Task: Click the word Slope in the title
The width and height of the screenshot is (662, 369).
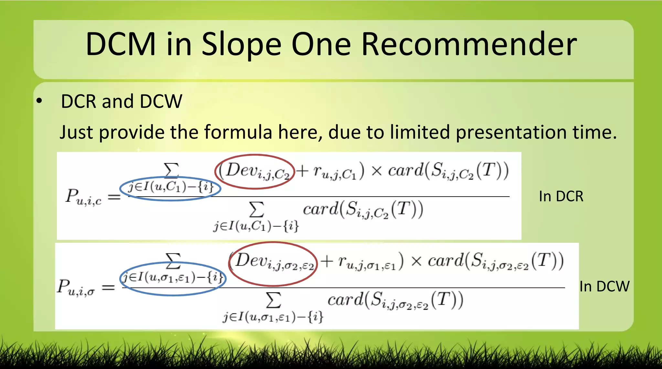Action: point(241,44)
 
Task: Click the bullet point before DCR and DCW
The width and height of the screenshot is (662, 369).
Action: point(39,101)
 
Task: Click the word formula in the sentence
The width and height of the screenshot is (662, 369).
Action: point(238,132)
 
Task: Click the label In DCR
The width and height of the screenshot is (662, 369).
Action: point(561,196)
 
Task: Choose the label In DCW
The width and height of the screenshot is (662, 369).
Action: point(604,286)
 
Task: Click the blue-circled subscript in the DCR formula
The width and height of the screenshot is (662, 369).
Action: point(171,188)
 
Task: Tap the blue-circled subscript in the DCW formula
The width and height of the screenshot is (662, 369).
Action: point(173,278)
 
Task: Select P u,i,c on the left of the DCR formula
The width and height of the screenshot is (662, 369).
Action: point(83,197)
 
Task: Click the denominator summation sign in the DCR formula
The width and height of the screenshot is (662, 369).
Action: point(256,210)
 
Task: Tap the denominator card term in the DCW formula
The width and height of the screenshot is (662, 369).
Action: point(395,300)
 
